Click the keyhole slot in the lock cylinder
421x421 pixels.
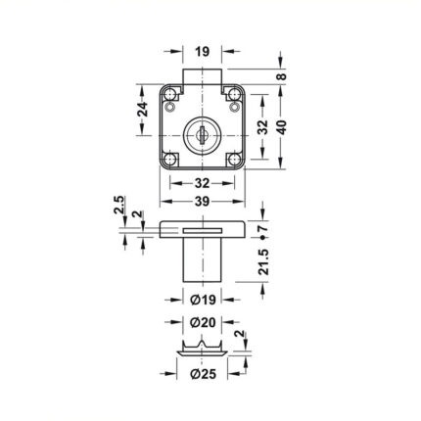203,135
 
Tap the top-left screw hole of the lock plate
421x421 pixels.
170,95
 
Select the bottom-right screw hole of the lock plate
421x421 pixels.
234,160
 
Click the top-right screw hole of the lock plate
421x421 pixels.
234,95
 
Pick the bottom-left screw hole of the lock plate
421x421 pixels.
170,160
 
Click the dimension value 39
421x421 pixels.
202,202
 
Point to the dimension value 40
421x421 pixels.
281,127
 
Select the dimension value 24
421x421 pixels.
142,110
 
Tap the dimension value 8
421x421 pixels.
281,76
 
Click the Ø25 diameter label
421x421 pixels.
203,374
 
